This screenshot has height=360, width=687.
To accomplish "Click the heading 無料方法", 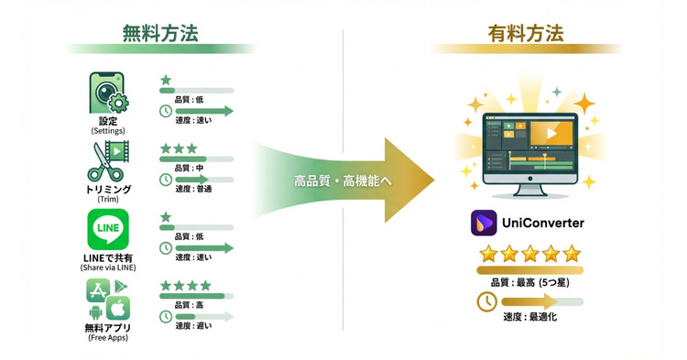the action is pos(160,33).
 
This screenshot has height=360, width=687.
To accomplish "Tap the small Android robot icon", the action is pos(94,312).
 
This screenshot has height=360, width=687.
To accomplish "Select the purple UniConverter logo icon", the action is pos(484,223).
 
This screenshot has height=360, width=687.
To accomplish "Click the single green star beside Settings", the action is pos(165,81).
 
